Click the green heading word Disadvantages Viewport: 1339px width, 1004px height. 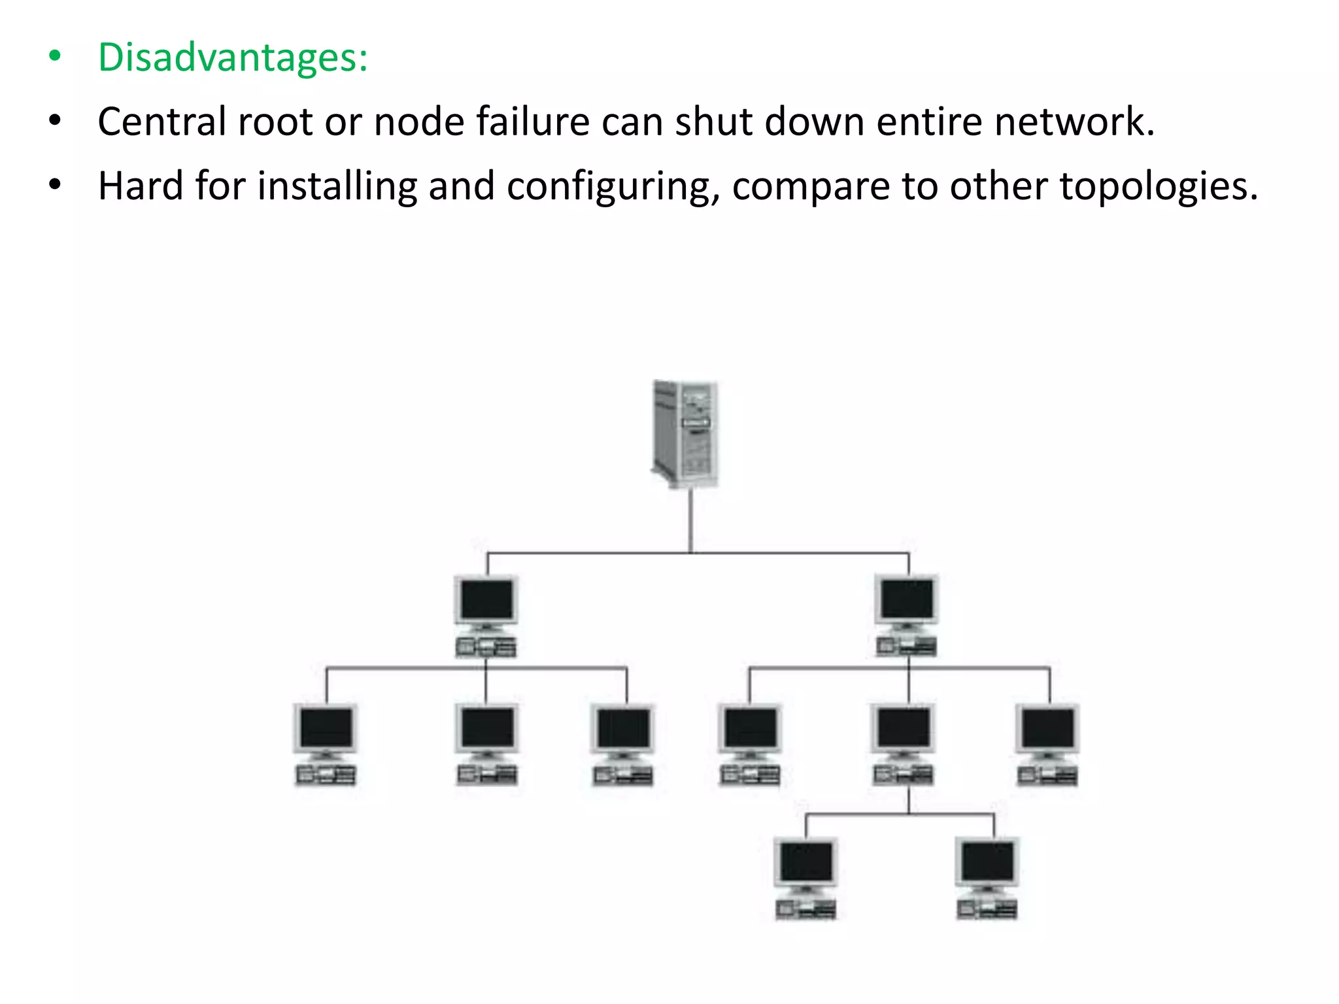[232, 58]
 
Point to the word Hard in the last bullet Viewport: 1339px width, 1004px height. [141, 186]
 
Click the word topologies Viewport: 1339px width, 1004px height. [1158, 186]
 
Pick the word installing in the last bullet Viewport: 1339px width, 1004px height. [337, 186]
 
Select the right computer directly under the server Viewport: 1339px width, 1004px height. [907, 614]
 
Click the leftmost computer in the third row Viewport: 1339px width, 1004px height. [326, 744]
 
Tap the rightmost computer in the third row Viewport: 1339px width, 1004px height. [1047, 744]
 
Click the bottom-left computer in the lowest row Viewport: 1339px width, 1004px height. [806, 877]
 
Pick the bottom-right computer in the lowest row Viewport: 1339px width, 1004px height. [987, 877]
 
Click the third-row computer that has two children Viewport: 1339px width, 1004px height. [904, 744]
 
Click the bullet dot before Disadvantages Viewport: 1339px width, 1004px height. [55, 58]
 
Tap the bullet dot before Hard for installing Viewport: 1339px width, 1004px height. [55, 186]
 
